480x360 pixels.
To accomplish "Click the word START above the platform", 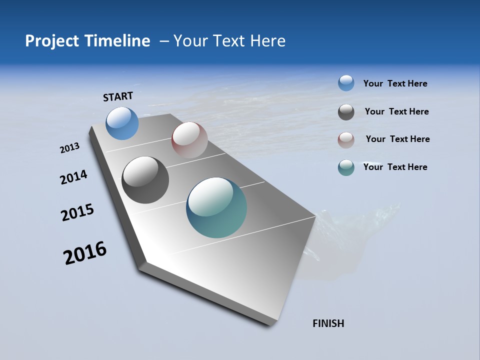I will coord(118,96).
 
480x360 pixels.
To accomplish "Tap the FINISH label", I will coord(328,323).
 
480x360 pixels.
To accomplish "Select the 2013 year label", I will coord(69,148).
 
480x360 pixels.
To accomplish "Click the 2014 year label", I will coord(73,177).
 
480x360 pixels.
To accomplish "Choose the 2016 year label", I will coord(85,253).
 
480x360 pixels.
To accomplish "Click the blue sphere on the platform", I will coord(122,123).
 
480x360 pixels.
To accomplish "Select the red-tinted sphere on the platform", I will coord(189,140).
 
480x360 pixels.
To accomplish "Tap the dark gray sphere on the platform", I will coord(145,180).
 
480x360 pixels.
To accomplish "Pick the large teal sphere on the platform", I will coord(216,207).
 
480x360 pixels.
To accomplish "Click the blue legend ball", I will coord(346,83).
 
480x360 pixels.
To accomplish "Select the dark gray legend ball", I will coord(346,112).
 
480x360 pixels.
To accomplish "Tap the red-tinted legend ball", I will coord(346,140).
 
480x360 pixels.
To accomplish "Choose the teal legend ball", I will coord(346,167).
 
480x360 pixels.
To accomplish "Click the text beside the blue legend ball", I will coord(395,83).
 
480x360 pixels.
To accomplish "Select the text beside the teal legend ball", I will coord(395,167).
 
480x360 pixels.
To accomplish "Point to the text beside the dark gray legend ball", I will coord(396,111).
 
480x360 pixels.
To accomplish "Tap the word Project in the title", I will coord(51,41).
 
